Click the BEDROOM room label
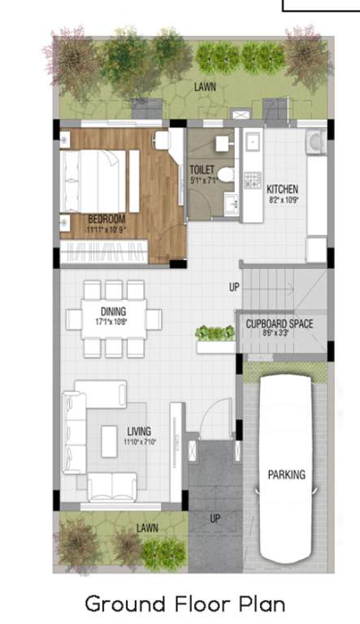106,219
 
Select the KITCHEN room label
283,188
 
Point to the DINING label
113,311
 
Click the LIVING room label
139,431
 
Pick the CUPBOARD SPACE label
279,323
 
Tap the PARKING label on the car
286,474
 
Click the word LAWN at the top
205,85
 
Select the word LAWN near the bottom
147,528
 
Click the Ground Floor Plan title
184,604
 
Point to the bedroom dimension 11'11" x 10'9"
106,229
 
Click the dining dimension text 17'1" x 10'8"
113,321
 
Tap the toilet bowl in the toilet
227,175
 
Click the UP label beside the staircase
233,288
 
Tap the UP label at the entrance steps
215,518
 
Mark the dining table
114,316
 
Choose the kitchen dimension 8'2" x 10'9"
283,198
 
